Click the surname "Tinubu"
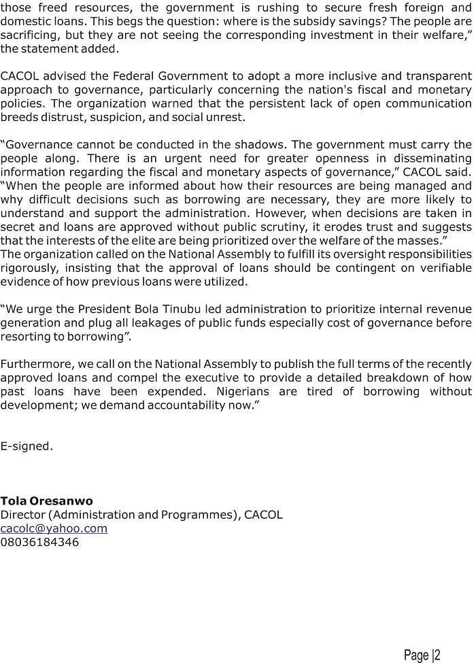184,309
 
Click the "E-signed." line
27,446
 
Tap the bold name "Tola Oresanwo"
47,501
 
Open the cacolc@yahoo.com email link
54,528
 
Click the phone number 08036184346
39,542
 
